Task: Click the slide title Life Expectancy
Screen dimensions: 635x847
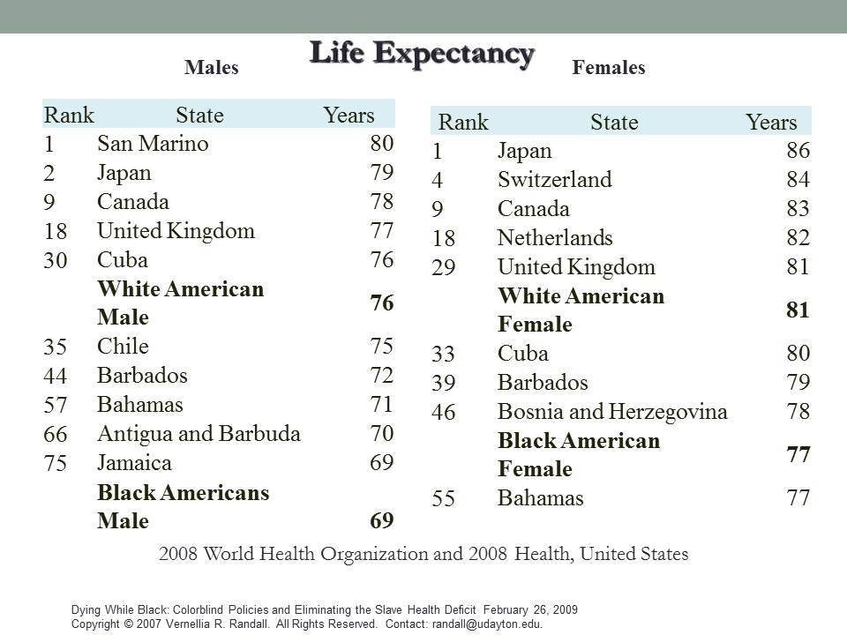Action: pyautogui.click(x=422, y=53)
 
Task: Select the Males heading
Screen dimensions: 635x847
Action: pyautogui.click(x=212, y=68)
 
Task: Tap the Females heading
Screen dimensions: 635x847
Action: pyautogui.click(x=609, y=68)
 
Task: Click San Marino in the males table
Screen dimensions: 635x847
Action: pyautogui.click(x=153, y=144)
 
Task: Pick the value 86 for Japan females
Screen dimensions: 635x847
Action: pyautogui.click(x=798, y=151)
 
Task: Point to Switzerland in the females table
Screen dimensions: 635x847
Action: pyautogui.click(x=554, y=180)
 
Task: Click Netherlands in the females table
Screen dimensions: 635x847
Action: pyautogui.click(x=555, y=238)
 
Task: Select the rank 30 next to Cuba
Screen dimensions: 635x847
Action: pyautogui.click(x=56, y=261)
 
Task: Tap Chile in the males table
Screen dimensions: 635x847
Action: pyautogui.click(x=123, y=347)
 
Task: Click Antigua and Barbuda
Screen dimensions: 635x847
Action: pyautogui.click(x=199, y=434)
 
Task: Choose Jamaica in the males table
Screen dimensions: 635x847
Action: pyautogui.click(x=134, y=463)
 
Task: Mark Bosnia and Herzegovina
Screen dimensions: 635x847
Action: pyautogui.click(x=612, y=412)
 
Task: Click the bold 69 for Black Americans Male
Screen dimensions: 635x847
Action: pyautogui.click(x=381, y=520)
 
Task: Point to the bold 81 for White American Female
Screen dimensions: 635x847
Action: pyautogui.click(x=798, y=310)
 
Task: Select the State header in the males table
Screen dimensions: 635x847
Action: pyautogui.click(x=199, y=116)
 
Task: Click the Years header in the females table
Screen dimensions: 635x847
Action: pyautogui.click(x=771, y=123)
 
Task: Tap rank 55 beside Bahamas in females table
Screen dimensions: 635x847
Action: pyautogui.click(x=443, y=499)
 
